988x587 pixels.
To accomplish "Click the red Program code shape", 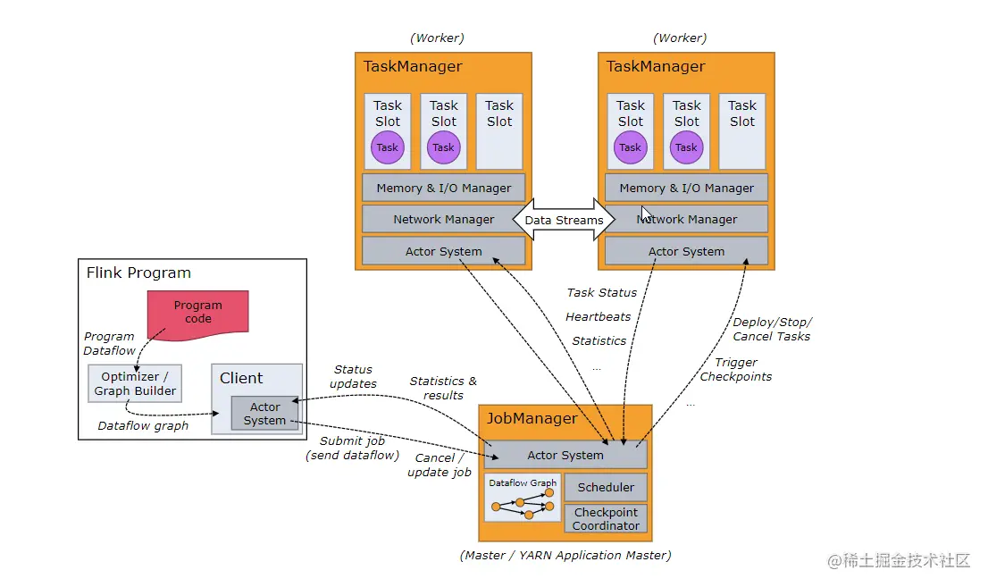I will click(197, 312).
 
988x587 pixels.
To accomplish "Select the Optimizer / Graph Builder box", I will click(135, 383).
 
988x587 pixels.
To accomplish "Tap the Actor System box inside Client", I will click(264, 414).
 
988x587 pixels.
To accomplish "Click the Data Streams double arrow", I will click(564, 220).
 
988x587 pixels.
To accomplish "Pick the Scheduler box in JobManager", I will click(606, 487).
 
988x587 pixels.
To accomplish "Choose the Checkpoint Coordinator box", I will click(606, 519).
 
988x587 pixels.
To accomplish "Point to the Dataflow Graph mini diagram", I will click(523, 498).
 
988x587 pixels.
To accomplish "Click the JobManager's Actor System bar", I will click(565, 455).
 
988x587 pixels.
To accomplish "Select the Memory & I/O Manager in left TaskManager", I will click(443, 188).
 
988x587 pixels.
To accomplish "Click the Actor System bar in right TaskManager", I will click(686, 251).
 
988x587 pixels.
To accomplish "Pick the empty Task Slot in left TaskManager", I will click(499, 131).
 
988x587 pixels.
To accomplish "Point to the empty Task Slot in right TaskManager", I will click(742, 131).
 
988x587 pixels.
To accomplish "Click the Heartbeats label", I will click(598, 316).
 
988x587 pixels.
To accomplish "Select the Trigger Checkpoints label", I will click(735, 369).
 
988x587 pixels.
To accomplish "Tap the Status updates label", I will click(353, 376).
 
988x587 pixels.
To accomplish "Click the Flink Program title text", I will click(138, 273).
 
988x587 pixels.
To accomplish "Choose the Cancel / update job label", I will click(439, 465).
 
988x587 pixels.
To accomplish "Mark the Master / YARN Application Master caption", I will click(565, 555).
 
